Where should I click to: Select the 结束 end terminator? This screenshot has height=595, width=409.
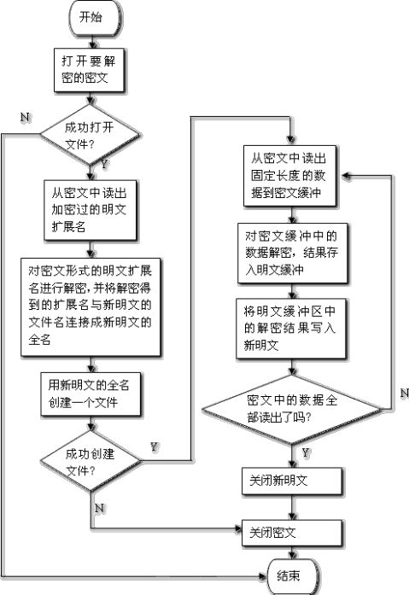(292, 576)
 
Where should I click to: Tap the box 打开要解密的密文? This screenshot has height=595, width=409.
(89, 70)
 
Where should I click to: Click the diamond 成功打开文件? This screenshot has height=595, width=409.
(90, 135)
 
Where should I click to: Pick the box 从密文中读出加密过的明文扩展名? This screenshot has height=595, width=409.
(90, 210)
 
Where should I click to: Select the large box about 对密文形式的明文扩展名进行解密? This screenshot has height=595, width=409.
(91, 307)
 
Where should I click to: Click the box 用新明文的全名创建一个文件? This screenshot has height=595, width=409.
(91, 394)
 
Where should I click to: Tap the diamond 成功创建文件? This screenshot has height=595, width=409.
(91, 461)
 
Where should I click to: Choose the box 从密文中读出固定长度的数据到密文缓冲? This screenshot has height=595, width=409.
(289, 176)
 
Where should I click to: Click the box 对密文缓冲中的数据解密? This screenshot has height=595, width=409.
(293, 253)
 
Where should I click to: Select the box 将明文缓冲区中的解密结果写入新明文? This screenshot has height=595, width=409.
(291, 329)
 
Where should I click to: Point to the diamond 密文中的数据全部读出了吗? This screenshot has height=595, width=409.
(292, 410)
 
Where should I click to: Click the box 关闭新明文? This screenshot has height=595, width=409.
(292, 481)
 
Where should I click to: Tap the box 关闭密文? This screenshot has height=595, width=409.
(292, 534)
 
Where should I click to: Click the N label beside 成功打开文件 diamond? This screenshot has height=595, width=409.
(25, 117)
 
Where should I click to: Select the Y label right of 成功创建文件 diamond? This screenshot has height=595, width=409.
(154, 447)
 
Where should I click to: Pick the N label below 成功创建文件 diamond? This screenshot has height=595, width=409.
(99, 508)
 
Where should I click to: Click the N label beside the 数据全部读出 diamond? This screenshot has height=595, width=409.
(405, 394)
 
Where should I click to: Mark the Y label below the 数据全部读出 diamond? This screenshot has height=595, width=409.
(306, 452)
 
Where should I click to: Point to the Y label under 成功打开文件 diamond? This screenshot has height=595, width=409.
(104, 164)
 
